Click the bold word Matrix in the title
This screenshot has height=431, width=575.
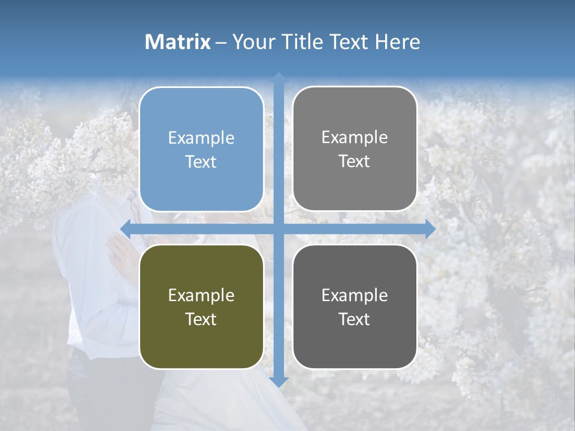pyautogui.click(x=178, y=42)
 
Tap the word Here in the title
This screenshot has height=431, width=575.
pyautogui.click(x=397, y=42)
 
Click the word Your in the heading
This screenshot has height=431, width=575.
pyautogui.click(x=253, y=42)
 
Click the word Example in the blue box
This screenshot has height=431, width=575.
pyautogui.click(x=201, y=138)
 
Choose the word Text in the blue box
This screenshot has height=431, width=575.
pyautogui.click(x=201, y=162)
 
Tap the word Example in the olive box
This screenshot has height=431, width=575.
pyautogui.click(x=201, y=295)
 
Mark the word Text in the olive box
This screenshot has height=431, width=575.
pyautogui.click(x=201, y=319)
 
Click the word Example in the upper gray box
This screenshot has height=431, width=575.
pyautogui.click(x=355, y=138)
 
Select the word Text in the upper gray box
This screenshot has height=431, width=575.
pyautogui.click(x=355, y=161)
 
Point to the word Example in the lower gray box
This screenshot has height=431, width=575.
pyautogui.click(x=355, y=295)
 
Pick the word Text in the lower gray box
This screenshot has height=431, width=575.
pyautogui.click(x=355, y=319)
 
